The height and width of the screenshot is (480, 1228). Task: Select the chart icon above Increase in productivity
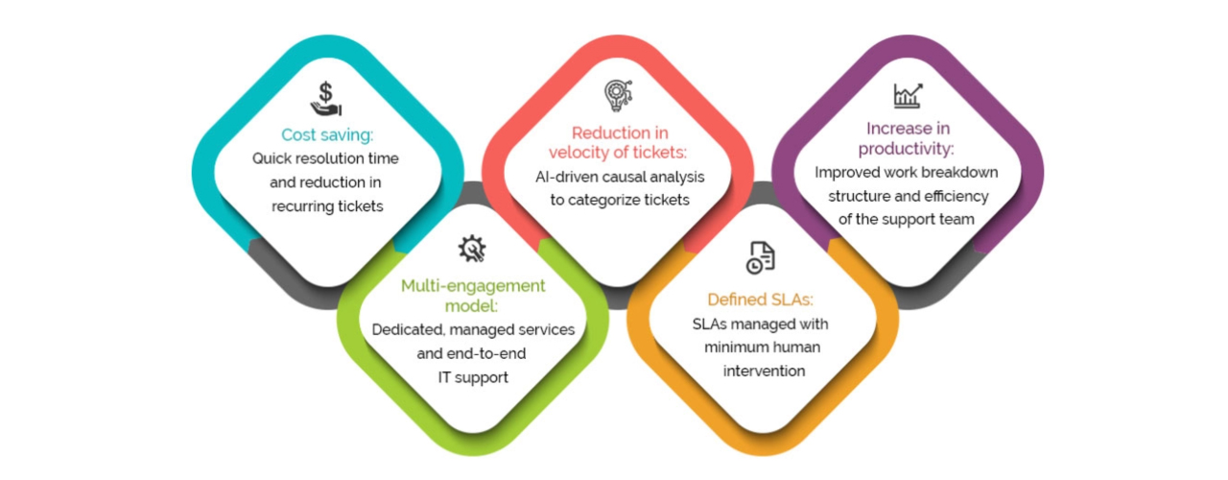[907, 95]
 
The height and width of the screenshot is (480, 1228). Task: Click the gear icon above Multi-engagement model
[472, 249]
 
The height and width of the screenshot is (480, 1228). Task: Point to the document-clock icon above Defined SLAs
[761, 257]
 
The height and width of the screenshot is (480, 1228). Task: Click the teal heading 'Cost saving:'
[326, 135]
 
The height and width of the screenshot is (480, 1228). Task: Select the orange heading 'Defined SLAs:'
[761, 300]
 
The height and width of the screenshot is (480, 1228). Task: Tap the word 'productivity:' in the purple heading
[907, 149]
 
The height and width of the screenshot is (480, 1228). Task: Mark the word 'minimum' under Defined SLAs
[733, 348]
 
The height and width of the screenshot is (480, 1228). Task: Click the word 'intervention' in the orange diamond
[761, 371]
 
